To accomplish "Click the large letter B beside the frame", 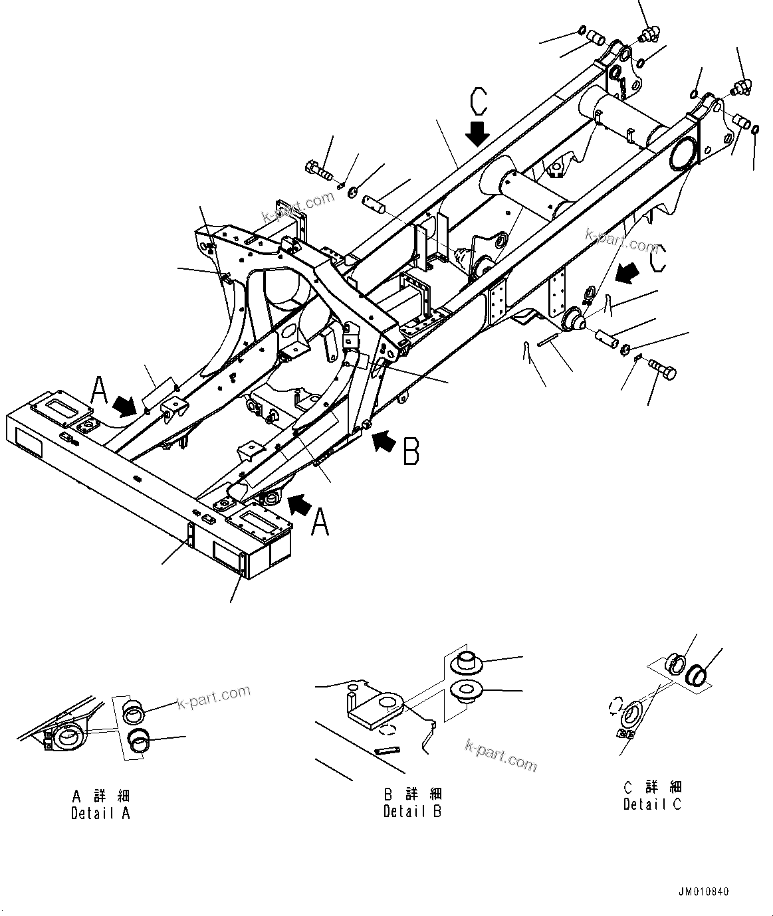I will [x=411, y=451].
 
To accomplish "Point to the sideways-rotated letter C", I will [x=655, y=258].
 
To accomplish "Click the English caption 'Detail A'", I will [x=101, y=813].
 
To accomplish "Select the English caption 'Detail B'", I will [x=412, y=811].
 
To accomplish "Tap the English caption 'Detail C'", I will [x=652, y=804].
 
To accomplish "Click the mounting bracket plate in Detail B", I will [x=376, y=709].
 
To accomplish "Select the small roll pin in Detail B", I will [x=386, y=751].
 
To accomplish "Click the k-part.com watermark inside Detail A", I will [x=213, y=697].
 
